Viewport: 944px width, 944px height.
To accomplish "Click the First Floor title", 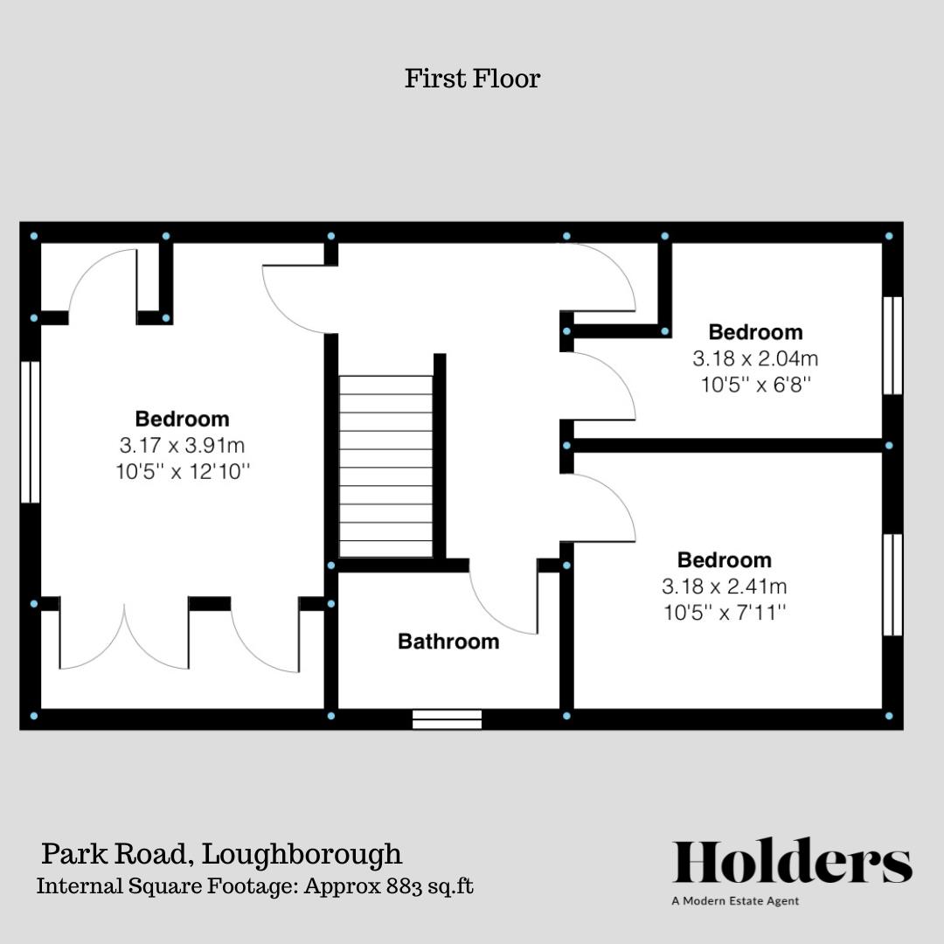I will point(472,79).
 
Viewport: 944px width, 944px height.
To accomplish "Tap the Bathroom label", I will point(448,642).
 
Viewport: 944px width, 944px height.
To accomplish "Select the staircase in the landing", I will point(385,466).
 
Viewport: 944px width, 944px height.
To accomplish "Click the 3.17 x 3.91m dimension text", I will point(182,446).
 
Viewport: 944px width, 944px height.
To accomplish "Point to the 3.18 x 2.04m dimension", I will point(755,358).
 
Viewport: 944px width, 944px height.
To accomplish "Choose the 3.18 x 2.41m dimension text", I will point(725,587).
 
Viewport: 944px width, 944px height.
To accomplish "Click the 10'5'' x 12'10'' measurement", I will point(182,472).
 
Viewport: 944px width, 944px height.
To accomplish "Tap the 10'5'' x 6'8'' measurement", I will point(755,385).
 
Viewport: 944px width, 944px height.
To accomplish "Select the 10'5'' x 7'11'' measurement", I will point(725,613).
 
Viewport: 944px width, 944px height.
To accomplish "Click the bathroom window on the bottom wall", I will point(447,719).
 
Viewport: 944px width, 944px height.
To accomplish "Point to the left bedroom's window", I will point(31,432).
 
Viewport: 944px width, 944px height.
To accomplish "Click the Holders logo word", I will point(792,863).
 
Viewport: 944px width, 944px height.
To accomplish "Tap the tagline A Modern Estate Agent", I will point(734,901).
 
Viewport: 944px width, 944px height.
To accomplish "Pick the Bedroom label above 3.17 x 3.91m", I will point(182,419).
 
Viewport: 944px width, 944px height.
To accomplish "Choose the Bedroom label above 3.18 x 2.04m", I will point(755,332).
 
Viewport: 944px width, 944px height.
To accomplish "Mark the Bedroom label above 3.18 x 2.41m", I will point(725,560).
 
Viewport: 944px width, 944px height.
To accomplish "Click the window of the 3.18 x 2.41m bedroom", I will point(892,585).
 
